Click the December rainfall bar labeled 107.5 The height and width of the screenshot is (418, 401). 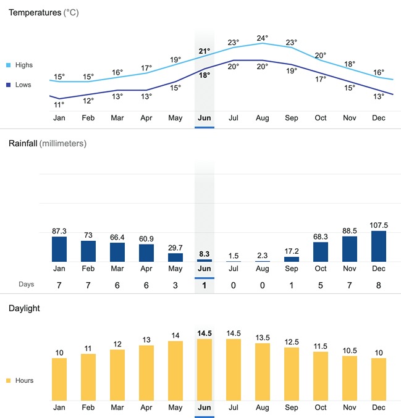click(379, 246)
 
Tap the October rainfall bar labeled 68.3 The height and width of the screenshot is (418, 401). click(321, 252)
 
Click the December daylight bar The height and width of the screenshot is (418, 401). click(379, 379)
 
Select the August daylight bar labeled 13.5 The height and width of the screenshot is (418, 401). click(263, 372)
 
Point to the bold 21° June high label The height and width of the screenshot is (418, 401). click(205, 51)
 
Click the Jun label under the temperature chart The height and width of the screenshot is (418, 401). click(205, 118)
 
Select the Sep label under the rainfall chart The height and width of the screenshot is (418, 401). click(292, 269)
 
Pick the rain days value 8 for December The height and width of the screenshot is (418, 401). click(379, 285)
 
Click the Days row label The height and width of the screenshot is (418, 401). click(25, 285)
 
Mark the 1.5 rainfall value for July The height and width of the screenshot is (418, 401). click(234, 256)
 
